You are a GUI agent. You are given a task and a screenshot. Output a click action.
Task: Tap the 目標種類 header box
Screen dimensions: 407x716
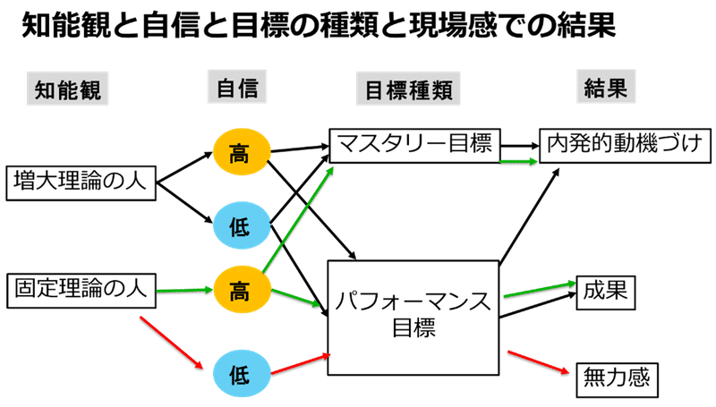tap(408, 89)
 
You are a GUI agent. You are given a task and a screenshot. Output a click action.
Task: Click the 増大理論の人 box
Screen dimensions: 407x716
tap(81, 182)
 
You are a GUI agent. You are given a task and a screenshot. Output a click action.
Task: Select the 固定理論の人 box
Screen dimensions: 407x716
tap(81, 288)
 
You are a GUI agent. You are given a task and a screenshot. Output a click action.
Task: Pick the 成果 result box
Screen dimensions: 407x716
tap(606, 290)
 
